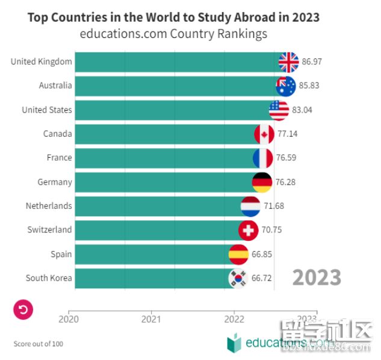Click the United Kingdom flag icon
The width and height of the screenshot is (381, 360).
coord(288,61)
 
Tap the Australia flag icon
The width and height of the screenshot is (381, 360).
coord(286,85)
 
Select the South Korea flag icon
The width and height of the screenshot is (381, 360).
coord(238,278)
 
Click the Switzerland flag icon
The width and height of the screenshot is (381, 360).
coord(248,230)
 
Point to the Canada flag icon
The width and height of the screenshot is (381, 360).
coord(264,134)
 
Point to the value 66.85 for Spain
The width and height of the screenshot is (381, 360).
coord(262,254)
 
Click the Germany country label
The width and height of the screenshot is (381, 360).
coord(54,182)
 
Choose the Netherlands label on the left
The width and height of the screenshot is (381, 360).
coord(48,206)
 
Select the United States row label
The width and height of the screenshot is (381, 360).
coord(46,110)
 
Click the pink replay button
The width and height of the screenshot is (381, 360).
coord(23,309)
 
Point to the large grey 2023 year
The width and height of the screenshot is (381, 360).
coord(317,278)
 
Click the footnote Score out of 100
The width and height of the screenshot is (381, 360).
coord(38,344)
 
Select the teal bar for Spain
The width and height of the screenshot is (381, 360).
coord(150,254)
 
